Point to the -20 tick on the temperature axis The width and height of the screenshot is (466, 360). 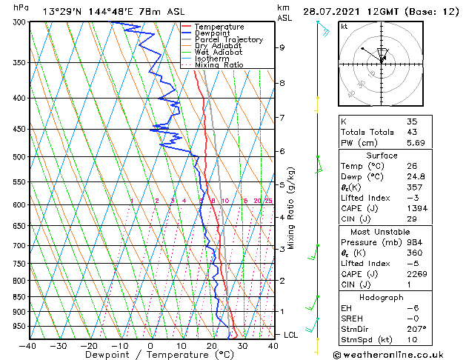[88, 345]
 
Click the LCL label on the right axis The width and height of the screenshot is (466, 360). [292, 335]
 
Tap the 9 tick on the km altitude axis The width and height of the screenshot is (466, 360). [282, 47]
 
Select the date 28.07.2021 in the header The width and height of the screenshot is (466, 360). [329, 12]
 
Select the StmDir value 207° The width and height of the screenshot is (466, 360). [416, 329]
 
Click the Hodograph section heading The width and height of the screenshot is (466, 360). [382, 297]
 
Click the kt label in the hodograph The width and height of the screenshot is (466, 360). [344, 27]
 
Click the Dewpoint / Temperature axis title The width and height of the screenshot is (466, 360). [150, 356]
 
